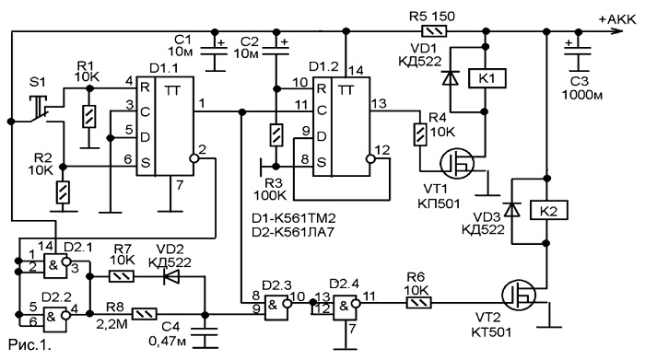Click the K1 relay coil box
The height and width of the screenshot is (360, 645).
click(487, 78)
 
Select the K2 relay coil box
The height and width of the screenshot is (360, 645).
click(549, 211)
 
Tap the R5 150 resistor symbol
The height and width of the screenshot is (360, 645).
click(434, 31)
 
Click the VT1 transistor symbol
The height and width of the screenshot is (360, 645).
click(457, 164)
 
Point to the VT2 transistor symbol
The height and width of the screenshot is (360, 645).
click(518, 295)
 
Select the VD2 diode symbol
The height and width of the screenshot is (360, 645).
click(171, 277)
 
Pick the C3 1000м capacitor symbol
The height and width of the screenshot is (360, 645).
click(578, 52)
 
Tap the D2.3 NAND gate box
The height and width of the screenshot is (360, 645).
click(276, 306)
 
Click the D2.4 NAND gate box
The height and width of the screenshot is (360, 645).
click(345, 306)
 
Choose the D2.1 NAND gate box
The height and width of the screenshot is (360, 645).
click(54, 265)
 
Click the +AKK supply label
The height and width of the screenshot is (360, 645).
click(616, 19)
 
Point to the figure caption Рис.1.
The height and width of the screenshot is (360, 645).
click(29, 344)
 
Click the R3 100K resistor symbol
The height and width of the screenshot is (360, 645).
click(276, 134)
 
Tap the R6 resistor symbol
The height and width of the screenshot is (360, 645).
click(418, 303)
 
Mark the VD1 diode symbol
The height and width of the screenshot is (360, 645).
click(451, 77)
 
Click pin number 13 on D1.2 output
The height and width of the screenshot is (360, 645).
click(379, 103)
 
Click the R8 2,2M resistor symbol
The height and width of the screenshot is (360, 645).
click(144, 314)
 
